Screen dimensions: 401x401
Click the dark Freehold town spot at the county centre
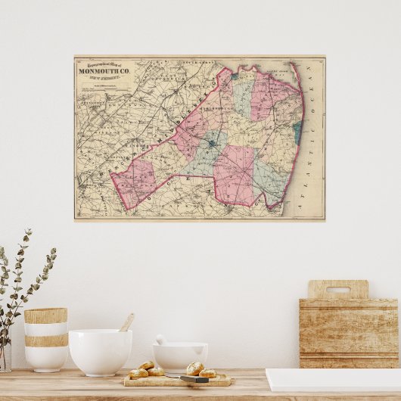coord(215,141)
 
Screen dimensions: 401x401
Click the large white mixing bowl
coord(100,351)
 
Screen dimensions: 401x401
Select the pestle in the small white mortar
coord(162,340)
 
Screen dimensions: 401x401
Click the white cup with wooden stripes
coord(45,338)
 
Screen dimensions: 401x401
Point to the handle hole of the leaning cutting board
coord(338,290)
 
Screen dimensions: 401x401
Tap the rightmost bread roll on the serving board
coord(207,373)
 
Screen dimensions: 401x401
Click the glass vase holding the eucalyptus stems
coord(5,356)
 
